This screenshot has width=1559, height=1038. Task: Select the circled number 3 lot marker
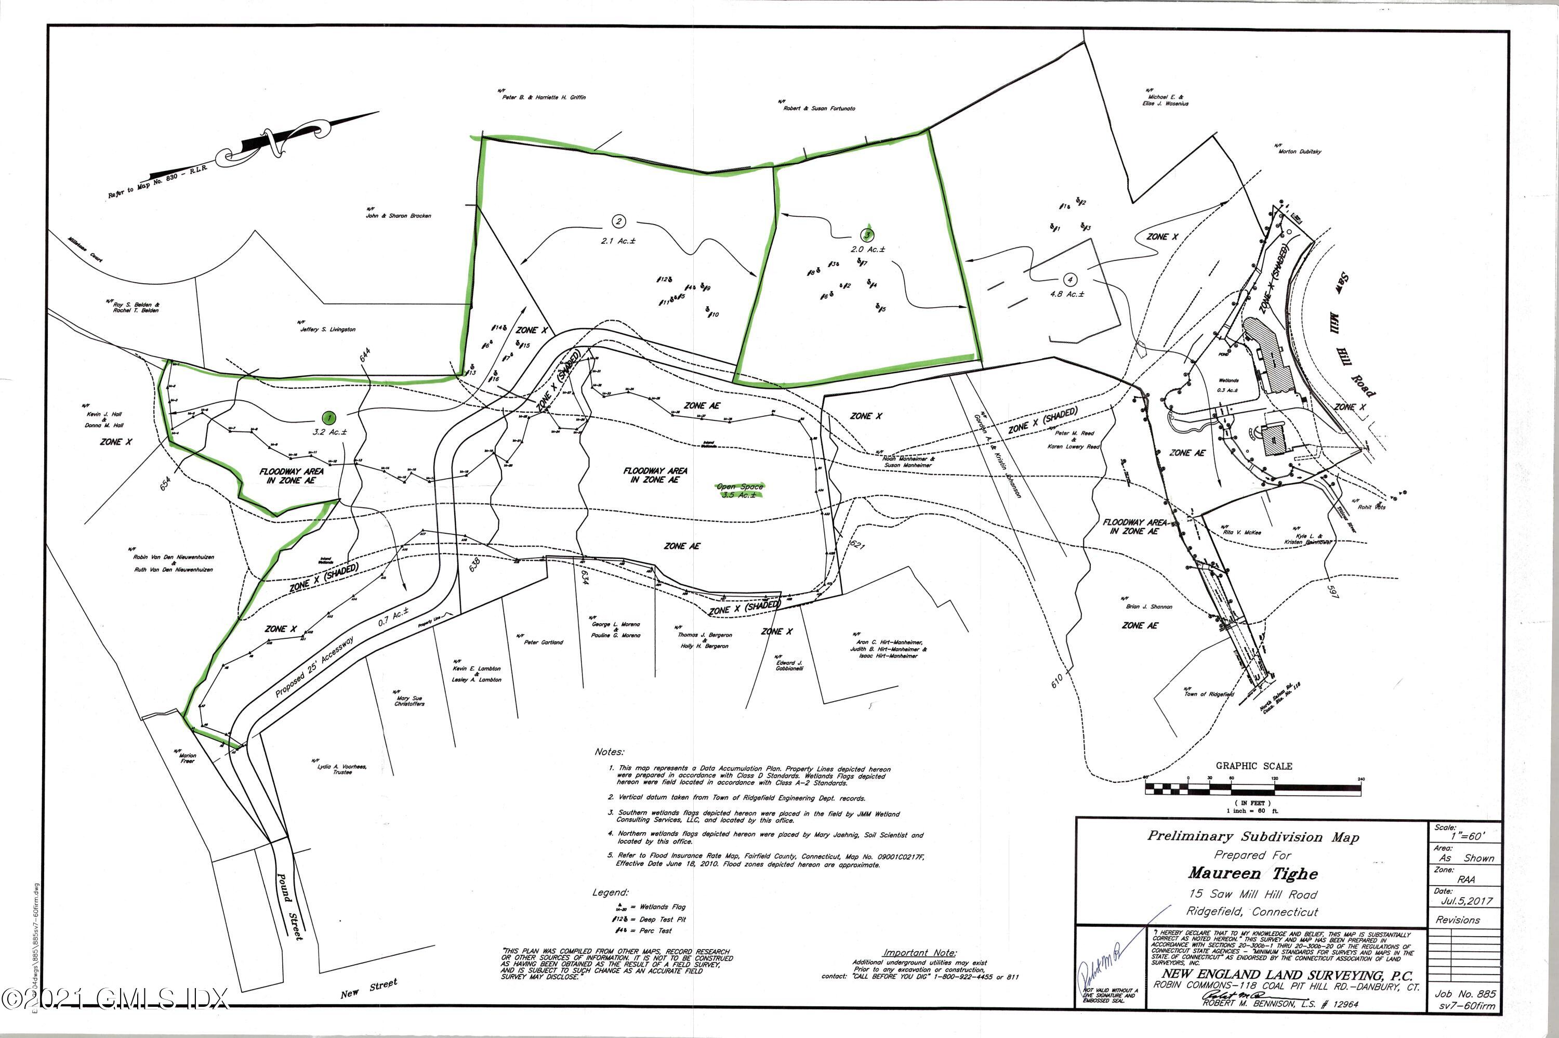(867, 234)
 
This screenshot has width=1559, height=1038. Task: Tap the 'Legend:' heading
(610, 893)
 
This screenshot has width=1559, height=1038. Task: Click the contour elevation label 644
(363, 353)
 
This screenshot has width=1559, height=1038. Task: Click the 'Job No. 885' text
(1464, 994)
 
